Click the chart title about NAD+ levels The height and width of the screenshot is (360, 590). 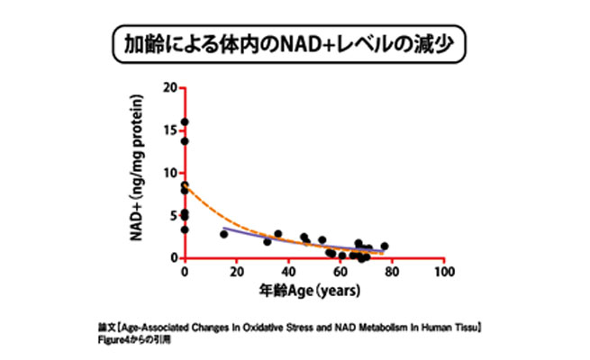294,43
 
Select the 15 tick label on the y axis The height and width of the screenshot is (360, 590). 169,130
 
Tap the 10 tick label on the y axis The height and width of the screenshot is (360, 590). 169,173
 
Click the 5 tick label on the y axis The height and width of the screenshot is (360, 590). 172,215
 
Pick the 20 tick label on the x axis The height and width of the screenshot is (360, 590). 236,274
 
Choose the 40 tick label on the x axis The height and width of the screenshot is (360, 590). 287,274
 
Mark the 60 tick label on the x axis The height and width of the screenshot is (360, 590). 340,274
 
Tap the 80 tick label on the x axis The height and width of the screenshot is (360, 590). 391,274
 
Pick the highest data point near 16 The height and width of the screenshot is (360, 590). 185,122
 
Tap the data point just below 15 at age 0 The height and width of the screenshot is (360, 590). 185,140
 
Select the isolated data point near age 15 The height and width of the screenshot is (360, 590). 223,234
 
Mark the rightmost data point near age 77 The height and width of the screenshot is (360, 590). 385,246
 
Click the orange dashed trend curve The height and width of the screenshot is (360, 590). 216,217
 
